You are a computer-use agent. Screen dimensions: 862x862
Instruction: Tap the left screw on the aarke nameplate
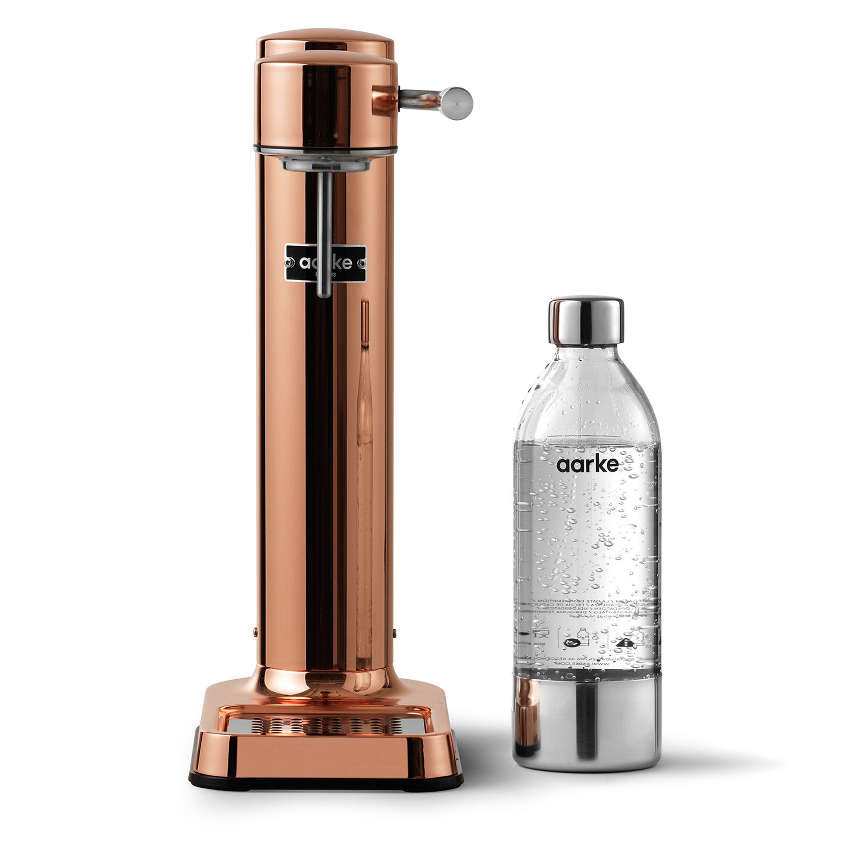pyautogui.click(x=290, y=263)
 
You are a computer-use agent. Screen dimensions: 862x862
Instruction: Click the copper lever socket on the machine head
pyautogui.click(x=384, y=100)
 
